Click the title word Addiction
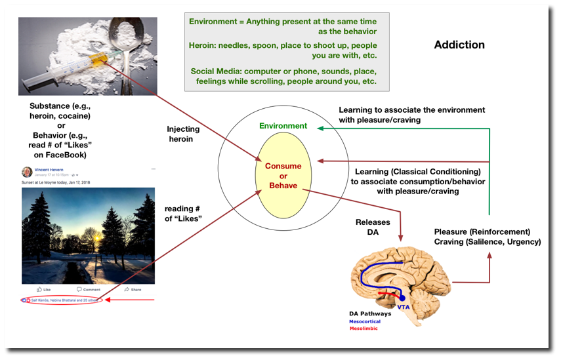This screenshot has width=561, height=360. (459, 45)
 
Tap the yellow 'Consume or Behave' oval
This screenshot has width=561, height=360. (283, 176)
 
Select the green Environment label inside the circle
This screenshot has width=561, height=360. (283, 125)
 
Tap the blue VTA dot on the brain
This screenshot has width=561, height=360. (402, 298)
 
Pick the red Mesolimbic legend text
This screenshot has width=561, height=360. (364, 329)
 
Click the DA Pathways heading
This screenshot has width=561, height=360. (370, 314)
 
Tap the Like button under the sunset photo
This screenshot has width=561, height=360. (44, 289)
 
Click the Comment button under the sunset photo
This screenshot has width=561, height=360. (89, 289)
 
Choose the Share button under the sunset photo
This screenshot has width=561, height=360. (133, 289)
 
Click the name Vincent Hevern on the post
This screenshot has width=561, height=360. (49, 170)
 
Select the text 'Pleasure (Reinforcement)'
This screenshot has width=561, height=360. (482, 232)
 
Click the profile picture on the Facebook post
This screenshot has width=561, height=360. (27, 172)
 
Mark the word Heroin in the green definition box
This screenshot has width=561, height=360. (203, 47)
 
